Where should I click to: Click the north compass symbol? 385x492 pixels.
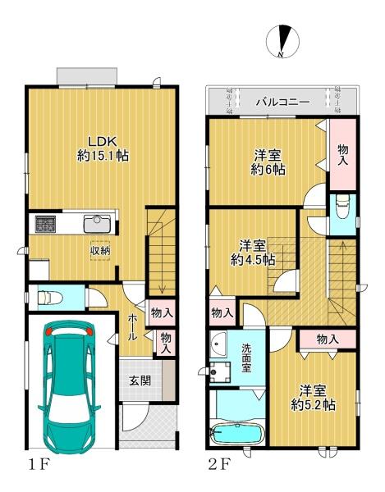[282, 42]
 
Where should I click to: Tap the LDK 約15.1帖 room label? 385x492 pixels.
[103, 148]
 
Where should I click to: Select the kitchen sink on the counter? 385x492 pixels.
[97, 223]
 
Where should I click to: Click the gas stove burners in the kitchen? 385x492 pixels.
[45, 224]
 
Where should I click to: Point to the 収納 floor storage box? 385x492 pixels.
[100, 251]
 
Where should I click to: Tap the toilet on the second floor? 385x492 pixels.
[342, 207]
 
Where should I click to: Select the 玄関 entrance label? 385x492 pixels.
[140, 380]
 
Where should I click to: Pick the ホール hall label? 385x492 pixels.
[132, 328]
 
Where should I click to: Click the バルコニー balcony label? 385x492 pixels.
[282, 102]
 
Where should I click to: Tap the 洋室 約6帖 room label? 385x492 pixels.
[268, 162]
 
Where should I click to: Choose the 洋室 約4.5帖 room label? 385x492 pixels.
[253, 253]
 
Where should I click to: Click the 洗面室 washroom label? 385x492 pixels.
[246, 358]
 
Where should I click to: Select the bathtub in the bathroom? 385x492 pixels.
[238, 435]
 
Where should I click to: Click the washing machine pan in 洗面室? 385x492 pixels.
[220, 372]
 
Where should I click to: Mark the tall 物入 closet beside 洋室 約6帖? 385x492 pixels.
[343, 154]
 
